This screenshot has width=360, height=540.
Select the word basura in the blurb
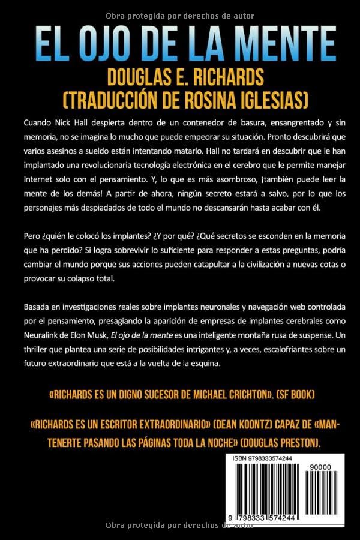coord(224,122)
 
